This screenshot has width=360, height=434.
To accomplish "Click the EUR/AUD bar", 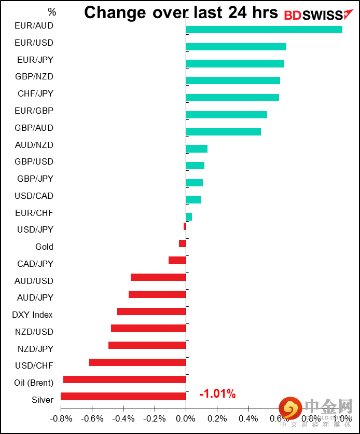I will tap(264, 30).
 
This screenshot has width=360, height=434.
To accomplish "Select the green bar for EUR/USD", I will tap(236, 47).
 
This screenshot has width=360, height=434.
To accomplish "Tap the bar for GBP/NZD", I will tap(233, 80).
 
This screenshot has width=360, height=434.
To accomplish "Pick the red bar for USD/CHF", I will tap(137, 362).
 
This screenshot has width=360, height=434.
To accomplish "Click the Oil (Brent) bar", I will tap(124, 379).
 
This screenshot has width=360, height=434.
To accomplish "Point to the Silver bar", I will tap(123, 397).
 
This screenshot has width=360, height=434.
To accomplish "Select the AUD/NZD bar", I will tap(197, 149).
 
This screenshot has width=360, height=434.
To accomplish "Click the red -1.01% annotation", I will tap(217, 395).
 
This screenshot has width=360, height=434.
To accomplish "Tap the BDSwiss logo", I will tap(313, 15).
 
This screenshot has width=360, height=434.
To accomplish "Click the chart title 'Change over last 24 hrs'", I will tap(181, 12).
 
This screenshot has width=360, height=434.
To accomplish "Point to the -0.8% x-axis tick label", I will tap(61, 418).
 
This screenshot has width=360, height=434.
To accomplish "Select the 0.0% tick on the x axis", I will tap(186, 418).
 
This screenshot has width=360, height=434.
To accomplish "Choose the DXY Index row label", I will tap(32, 315).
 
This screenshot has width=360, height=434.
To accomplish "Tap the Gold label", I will tap(44, 247).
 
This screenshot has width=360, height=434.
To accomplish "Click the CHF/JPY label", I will tap(35, 94).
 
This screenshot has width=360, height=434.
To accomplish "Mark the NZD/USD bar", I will tap(148, 328).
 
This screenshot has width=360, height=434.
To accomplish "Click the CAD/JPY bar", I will tap(177, 261).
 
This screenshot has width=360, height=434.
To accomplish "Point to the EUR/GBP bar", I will tap(226, 115).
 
